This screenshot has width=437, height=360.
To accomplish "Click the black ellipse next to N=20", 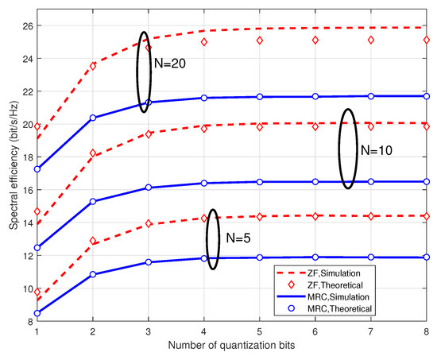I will [144, 72].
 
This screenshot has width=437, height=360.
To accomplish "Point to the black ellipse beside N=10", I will [348, 148].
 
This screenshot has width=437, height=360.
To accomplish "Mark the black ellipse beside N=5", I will [212, 238].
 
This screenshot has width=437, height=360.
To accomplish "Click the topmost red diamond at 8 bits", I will [427, 39].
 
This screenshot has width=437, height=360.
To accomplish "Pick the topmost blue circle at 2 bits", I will [93, 118].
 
